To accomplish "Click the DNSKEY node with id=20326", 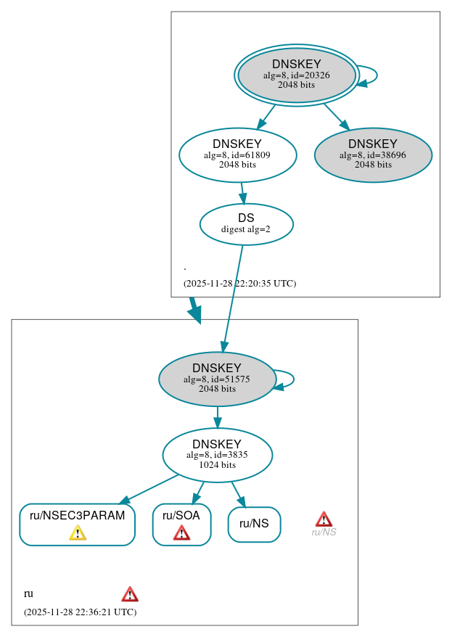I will click(x=296, y=75).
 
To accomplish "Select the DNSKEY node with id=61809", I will click(x=237, y=155).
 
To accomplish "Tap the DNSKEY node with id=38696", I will click(x=373, y=155).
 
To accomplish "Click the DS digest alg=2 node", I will click(x=246, y=224).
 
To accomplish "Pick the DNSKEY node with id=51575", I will click(x=216, y=379).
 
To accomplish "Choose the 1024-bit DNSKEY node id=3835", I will click(x=217, y=455).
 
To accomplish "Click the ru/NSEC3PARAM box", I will click(x=77, y=524).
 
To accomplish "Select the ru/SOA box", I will click(x=181, y=524).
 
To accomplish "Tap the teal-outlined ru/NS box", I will click(x=254, y=524).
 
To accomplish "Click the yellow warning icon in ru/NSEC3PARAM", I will click(x=78, y=533).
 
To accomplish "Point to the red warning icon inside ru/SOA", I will click(x=181, y=533).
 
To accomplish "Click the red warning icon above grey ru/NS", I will click(x=324, y=519).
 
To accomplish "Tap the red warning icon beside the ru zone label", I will click(x=129, y=594).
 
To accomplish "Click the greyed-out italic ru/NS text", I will click(x=324, y=533).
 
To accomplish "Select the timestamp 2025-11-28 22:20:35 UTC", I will click(x=239, y=284).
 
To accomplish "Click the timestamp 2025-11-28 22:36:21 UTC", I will click(x=80, y=612).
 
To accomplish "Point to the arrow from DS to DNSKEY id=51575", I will click(x=233, y=297).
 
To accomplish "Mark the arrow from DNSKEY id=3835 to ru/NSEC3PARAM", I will click(x=149, y=488).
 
